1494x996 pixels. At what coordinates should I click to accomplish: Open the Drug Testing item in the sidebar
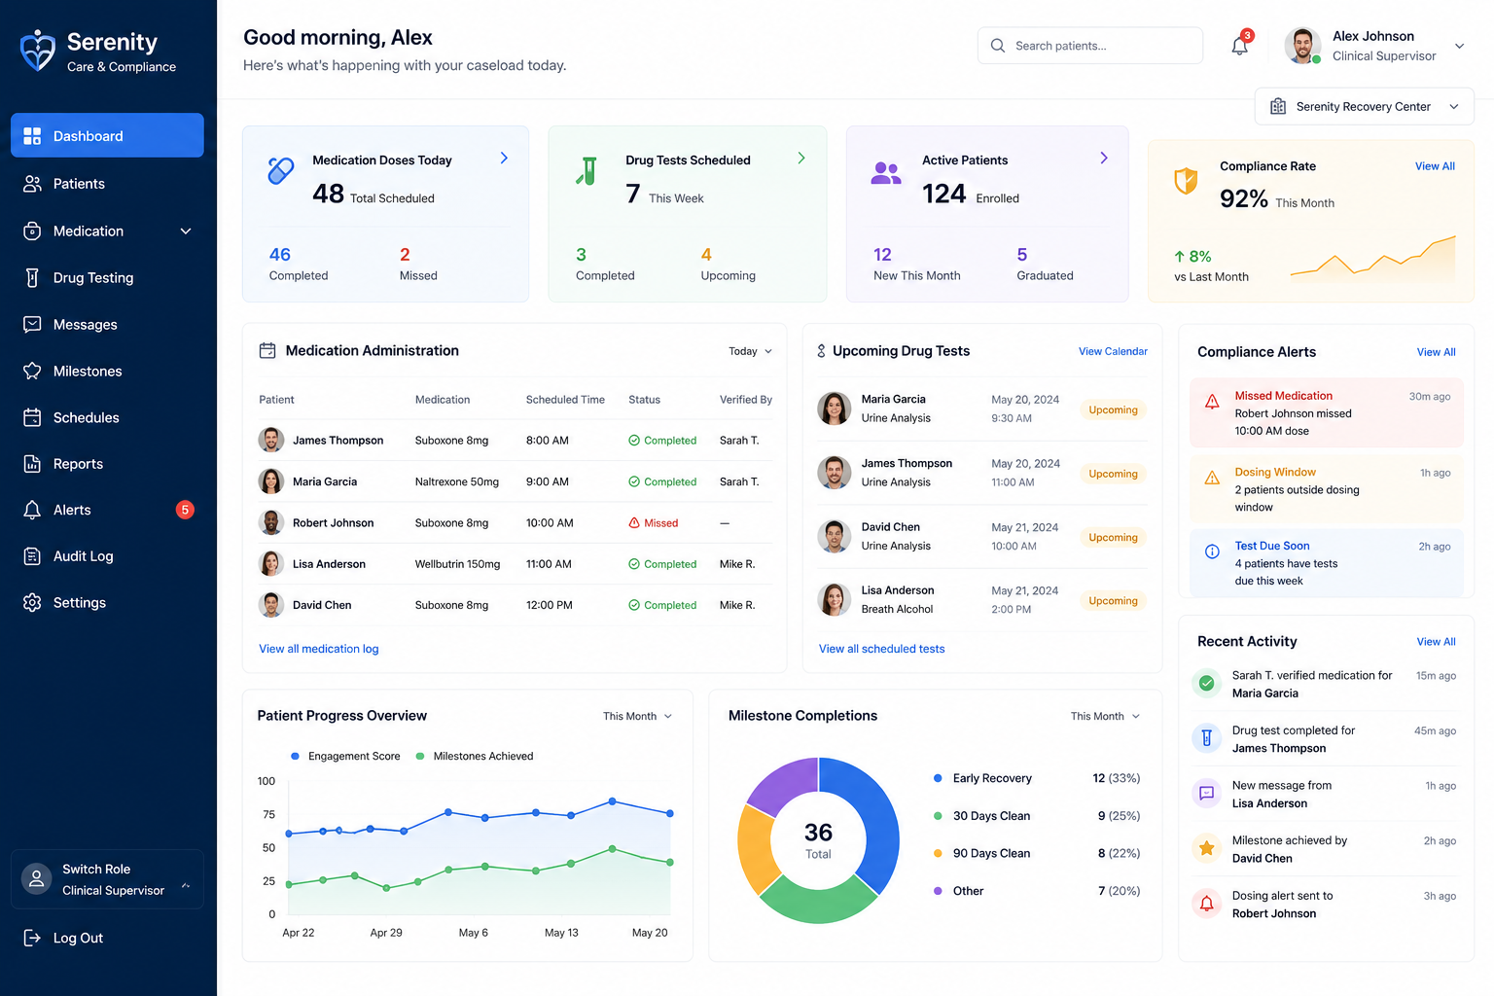click(x=93, y=277)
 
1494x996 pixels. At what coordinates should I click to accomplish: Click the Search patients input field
click(x=1089, y=46)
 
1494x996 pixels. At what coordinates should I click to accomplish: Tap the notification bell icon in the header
click(x=1239, y=46)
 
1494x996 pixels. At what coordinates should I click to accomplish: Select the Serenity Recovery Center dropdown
click(x=1364, y=107)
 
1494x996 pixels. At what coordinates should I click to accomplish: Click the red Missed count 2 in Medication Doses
click(x=405, y=254)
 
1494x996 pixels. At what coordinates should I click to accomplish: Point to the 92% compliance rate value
click(x=1243, y=198)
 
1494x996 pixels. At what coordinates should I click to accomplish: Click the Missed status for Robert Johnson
click(x=654, y=523)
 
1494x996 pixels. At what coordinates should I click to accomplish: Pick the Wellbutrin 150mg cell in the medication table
click(x=457, y=564)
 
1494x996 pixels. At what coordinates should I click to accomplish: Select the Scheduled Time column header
click(x=565, y=400)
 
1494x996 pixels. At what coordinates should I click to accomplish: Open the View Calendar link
click(x=1113, y=351)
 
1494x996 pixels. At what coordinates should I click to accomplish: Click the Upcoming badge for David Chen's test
click(x=1113, y=537)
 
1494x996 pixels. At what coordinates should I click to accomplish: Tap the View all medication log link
click(x=319, y=649)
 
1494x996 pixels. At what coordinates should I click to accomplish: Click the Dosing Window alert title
click(x=1274, y=473)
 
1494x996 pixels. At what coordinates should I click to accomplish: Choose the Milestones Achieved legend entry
click(x=475, y=756)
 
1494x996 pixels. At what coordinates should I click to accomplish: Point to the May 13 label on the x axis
click(x=561, y=933)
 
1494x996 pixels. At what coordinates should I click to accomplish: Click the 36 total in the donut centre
click(x=818, y=832)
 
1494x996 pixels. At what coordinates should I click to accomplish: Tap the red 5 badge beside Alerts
click(x=185, y=510)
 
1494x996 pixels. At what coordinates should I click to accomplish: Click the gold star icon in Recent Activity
click(x=1206, y=848)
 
